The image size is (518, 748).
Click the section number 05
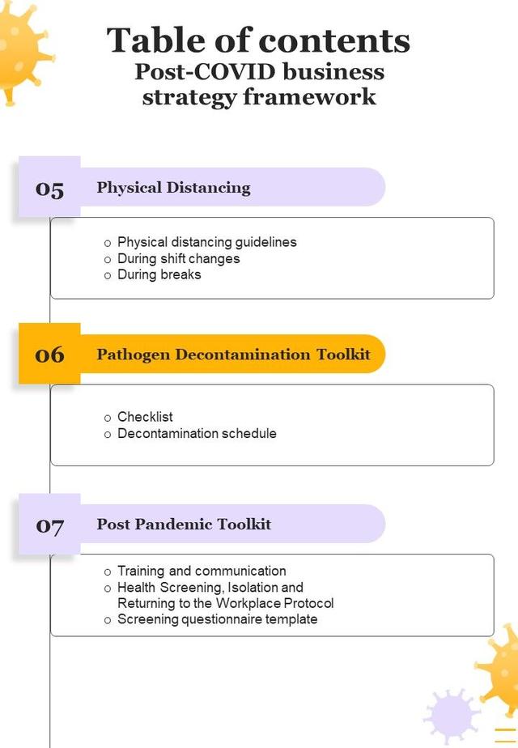(x=49, y=189)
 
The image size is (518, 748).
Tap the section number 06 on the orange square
(x=49, y=355)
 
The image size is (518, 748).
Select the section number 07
(x=49, y=525)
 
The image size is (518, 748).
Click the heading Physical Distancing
(x=173, y=188)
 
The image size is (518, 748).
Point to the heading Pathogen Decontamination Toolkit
(x=233, y=355)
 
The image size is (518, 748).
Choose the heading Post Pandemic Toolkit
(x=184, y=525)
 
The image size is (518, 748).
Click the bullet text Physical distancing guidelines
(x=206, y=242)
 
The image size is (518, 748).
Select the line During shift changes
(x=178, y=258)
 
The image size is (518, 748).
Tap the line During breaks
(x=159, y=274)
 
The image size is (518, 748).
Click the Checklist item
(x=145, y=417)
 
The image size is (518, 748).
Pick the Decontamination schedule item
(x=197, y=433)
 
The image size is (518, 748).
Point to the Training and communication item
(x=202, y=571)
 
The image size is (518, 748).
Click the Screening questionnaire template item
(x=217, y=619)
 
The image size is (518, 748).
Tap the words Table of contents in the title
(x=258, y=40)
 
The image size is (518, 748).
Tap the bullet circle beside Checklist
(x=108, y=418)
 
